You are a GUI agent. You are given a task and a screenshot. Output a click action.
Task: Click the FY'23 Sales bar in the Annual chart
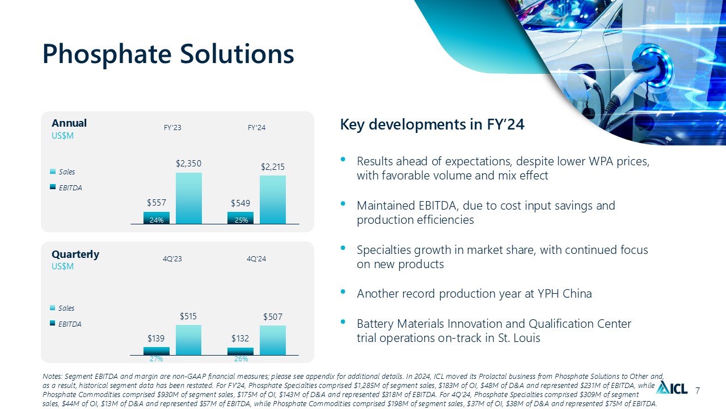click(189, 198)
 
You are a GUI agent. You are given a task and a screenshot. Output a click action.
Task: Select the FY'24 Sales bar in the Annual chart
click(273, 199)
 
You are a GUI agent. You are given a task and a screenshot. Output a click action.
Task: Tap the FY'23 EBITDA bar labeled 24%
click(157, 218)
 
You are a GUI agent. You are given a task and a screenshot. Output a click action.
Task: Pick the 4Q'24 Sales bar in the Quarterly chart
click(273, 340)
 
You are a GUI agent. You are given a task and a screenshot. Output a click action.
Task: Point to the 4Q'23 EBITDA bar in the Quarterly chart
click(156, 351)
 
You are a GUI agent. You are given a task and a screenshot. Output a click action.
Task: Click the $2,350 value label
click(189, 163)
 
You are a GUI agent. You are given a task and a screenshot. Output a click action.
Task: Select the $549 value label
click(240, 203)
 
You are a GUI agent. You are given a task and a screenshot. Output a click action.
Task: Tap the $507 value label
click(273, 316)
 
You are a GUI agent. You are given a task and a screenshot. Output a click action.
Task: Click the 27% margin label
click(156, 358)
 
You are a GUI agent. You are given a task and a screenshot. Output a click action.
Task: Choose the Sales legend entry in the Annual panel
click(62, 172)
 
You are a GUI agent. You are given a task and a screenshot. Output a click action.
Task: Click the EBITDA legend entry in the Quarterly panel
click(66, 324)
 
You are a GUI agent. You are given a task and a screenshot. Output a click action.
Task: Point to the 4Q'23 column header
click(172, 258)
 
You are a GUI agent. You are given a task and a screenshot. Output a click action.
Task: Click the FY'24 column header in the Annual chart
click(256, 128)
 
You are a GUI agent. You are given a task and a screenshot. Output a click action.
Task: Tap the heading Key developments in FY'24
click(432, 124)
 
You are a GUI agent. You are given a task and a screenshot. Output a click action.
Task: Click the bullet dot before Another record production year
click(343, 291)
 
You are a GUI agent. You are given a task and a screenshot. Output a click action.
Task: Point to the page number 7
click(698, 390)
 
